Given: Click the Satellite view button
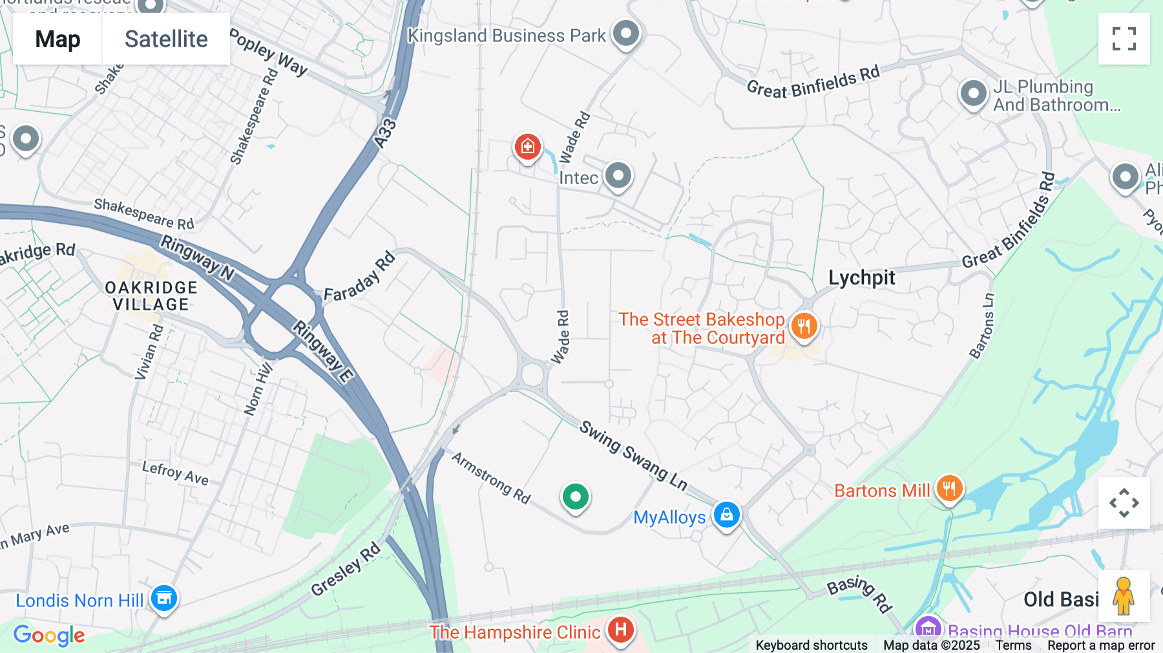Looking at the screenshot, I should [x=166, y=39].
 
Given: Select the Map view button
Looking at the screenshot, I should [x=58, y=39].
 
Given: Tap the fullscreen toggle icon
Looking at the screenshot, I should [x=1124, y=39].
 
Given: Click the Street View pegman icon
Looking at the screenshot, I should [x=1124, y=596].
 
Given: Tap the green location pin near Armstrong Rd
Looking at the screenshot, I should [x=575, y=497].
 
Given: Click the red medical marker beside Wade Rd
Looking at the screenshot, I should [x=527, y=147].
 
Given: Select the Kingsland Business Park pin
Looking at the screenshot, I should [x=625, y=33].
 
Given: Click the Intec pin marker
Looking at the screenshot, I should [x=618, y=175].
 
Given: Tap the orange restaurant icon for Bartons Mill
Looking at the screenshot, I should [x=948, y=489].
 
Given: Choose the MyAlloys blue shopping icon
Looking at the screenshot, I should [x=727, y=515].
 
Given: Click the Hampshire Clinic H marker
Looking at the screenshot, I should [x=620, y=629].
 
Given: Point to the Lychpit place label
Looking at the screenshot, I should [x=861, y=277].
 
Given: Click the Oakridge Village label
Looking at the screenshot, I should [x=151, y=296].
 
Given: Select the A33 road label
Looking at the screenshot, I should [x=385, y=133].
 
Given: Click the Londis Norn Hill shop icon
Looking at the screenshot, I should [x=164, y=598].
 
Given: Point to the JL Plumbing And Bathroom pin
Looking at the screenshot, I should [x=973, y=94].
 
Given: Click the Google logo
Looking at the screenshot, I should [x=49, y=635].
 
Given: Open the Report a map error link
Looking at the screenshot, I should [x=1100, y=645].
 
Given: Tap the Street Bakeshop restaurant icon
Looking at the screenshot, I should [x=804, y=326].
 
